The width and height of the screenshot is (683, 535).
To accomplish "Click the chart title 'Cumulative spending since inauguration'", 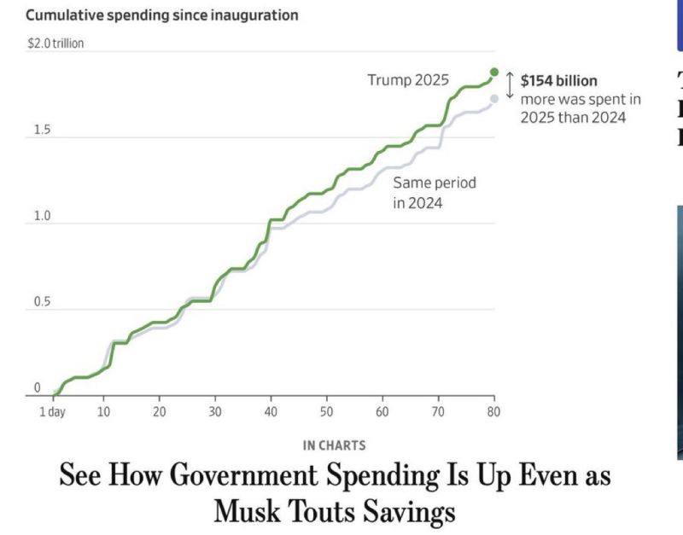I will [x=161, y=15].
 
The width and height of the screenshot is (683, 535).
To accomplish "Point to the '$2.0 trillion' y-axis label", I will [x=55, y=44].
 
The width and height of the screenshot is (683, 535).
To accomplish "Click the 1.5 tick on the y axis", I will [x=43, y=130].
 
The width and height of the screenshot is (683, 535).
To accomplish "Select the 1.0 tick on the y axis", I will [x=43, y=216].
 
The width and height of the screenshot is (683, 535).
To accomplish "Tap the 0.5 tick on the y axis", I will [x=43, y=302].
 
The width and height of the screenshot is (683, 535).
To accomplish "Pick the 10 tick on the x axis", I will [x=103, y=412].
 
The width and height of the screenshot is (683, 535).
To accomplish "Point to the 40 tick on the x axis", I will [x=271, y=412].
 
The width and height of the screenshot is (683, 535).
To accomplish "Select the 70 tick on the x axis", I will [x=438, y=412].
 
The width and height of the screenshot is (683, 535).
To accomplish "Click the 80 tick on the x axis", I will [x=493, y=412].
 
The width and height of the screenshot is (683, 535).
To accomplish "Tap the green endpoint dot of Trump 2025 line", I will [x=494, y=73].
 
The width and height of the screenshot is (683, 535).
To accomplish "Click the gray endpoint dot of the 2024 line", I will [x=494, y=99].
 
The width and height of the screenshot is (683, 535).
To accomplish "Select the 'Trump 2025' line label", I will [x=407, y=80].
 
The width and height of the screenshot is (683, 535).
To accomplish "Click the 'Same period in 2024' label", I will [x=435, y=193].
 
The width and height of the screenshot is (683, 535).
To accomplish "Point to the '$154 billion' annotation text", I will [x=558, y=82].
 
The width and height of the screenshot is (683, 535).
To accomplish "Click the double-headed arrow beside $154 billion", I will [x=510, y=84].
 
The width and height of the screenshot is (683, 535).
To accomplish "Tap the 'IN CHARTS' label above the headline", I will [x=334, y=445].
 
